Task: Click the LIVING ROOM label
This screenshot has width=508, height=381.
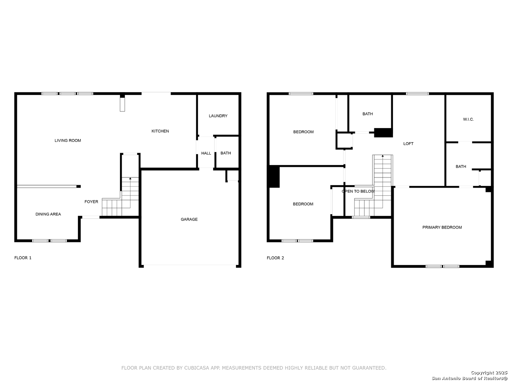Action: [68, 140]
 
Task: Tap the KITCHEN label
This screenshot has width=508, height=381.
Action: [160, 131]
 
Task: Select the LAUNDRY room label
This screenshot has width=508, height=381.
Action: [218, 116]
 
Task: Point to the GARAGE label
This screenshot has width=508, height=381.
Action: [189, 219]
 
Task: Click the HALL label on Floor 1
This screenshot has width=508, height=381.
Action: [206, 153]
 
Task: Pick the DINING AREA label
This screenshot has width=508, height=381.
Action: [48, 214]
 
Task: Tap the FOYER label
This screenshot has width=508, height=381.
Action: [91, 202]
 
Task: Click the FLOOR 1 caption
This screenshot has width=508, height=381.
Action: [23, 258]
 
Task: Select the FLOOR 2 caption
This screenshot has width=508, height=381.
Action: [275, 258]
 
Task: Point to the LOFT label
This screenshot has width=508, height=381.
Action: [408, 144]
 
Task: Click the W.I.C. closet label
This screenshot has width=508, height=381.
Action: [468, 119]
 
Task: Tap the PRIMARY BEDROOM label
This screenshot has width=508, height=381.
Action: [442, 228]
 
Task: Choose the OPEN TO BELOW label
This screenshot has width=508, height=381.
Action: [358, 191]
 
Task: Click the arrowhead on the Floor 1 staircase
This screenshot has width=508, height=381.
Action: [130, 179]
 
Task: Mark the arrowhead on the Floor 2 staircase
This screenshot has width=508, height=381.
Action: [382, 156]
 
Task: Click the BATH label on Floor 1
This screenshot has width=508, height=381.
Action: [226, 153]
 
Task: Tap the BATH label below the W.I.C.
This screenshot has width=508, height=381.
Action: [461, 167]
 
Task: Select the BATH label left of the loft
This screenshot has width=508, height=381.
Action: [368, 114]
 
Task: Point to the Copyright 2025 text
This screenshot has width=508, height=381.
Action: [489, 373]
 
